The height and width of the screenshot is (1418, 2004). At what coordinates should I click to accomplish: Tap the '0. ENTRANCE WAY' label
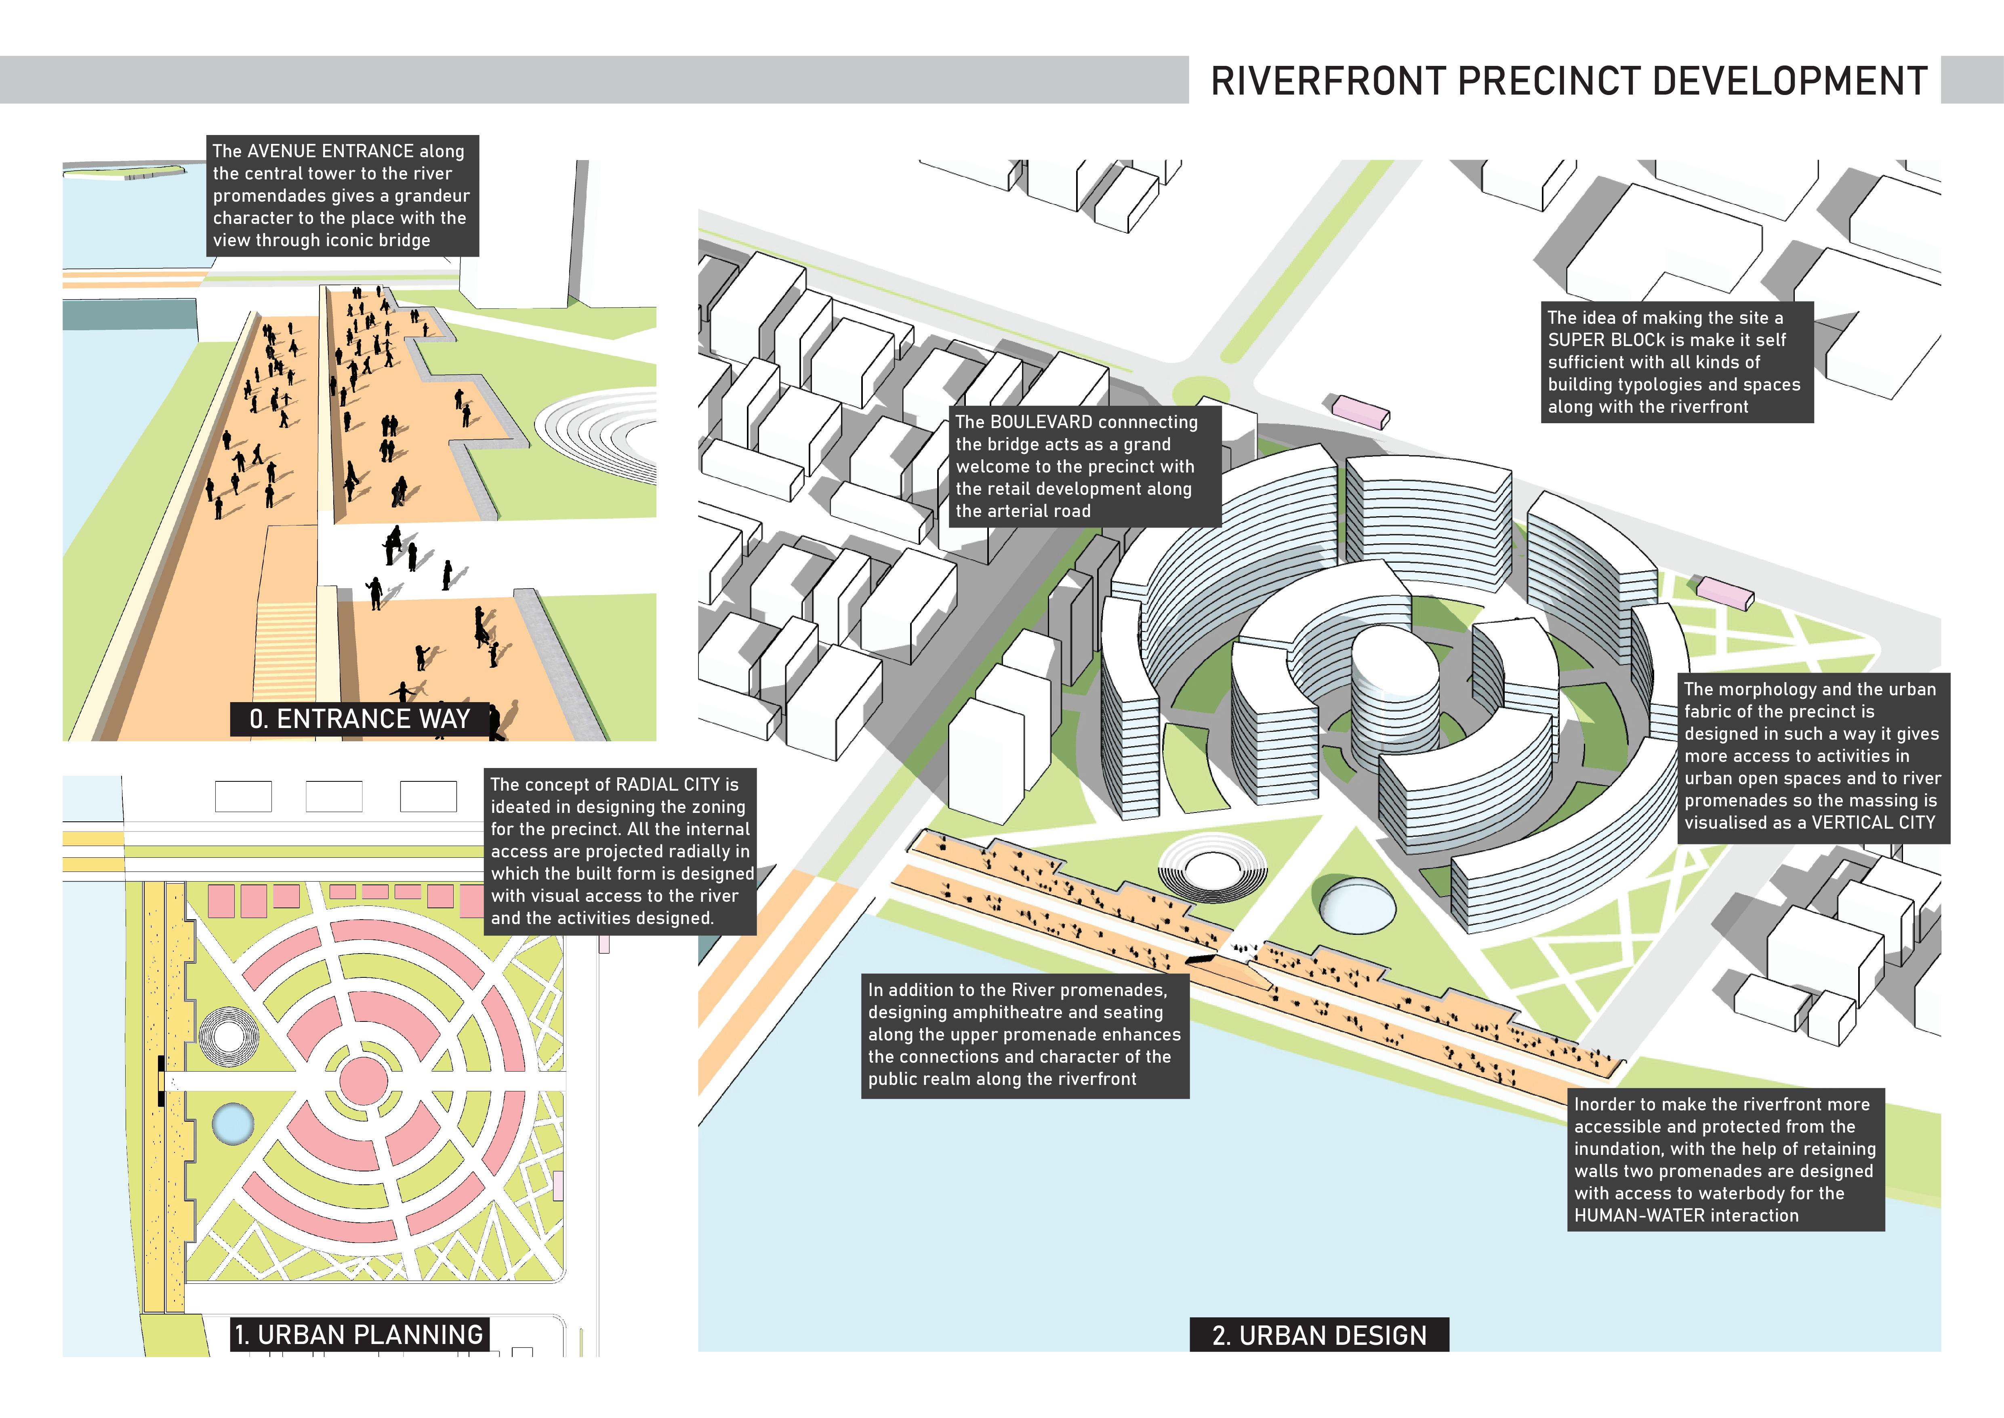tap(360, 719)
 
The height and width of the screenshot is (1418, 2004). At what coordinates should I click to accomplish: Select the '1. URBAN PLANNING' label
tap(359, 1334)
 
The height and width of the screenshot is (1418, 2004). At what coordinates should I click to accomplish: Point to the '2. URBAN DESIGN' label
tap(1319, 1335)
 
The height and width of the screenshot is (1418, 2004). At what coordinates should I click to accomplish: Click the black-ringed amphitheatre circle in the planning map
tap(229, 1036)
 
